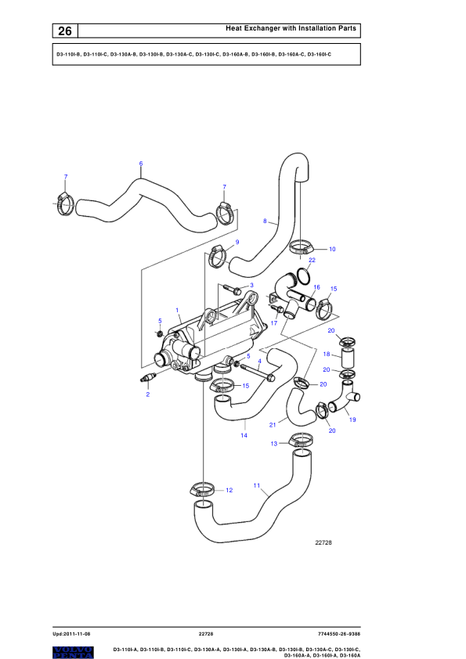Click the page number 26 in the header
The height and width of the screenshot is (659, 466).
coord(65,31)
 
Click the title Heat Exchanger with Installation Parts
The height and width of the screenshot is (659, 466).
coord(291,28)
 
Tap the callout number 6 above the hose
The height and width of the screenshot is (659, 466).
coord(141,164)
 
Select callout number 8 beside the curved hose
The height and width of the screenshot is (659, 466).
coord(265,221)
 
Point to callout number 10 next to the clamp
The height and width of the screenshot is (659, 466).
coord(332,249)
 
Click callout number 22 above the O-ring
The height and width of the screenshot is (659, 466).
coord(312,260)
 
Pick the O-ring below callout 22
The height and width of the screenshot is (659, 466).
coord(304,275)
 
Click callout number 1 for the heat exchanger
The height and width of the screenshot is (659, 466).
coord(177,310)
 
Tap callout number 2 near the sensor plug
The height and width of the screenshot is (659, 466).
coord(147,394)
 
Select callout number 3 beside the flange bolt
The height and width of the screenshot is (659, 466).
coord(252,285)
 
